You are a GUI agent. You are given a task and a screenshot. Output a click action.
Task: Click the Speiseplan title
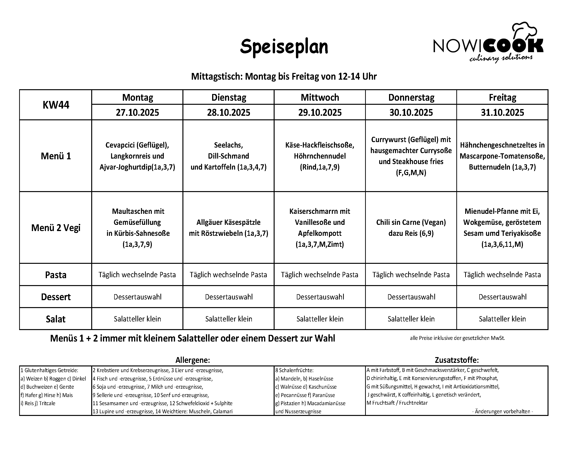tap(284, 47)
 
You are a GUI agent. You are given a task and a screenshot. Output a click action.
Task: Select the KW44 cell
tap(56, 105)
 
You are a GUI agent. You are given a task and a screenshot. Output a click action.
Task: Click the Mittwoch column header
tap(320, 97)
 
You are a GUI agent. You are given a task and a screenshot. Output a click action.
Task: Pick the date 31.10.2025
tap(502, 112)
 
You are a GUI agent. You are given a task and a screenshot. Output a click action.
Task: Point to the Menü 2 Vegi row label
tap(56, 227)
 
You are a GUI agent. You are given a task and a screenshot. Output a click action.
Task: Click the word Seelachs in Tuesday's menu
tap(228, 145)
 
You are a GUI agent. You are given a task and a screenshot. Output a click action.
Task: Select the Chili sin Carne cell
tap(411, 227)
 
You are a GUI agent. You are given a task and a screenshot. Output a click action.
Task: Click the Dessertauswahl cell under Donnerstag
tap(411, 297)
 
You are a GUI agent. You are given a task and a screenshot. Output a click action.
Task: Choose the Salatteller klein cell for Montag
tap(137, 319)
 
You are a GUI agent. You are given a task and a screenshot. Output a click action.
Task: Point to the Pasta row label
tap(56, 275)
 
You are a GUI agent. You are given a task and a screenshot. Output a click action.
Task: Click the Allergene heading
tap(192, 360)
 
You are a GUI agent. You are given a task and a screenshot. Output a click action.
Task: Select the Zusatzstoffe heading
tap(457, 360)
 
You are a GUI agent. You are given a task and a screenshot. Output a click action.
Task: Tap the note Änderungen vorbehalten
tap(502, 411)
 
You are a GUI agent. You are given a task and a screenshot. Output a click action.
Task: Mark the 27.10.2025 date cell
tap(137, 112)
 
